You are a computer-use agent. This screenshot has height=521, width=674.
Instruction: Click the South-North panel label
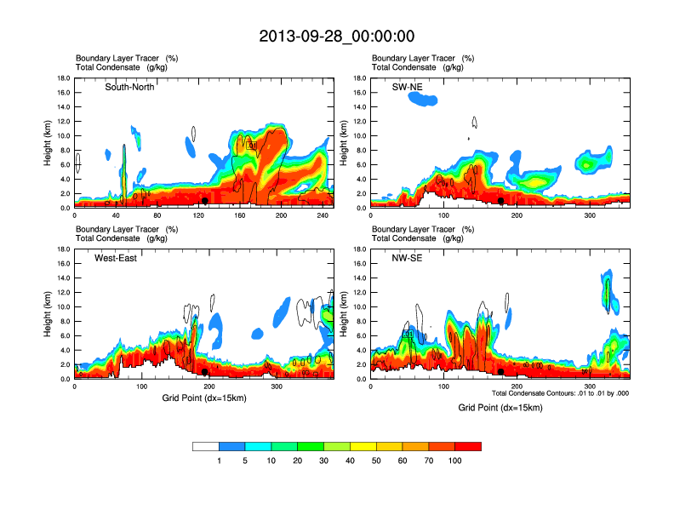tap(129, 87)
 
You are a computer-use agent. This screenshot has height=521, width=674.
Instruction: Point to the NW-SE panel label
tap(408, 258)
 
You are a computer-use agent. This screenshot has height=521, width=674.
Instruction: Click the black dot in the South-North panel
tap(205, 201)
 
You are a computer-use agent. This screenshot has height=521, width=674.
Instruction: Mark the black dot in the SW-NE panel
tap(501, 201)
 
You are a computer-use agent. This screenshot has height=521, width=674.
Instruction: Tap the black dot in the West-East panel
tap(205, 372)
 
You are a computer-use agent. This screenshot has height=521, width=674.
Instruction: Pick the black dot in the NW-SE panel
tap(501, 372)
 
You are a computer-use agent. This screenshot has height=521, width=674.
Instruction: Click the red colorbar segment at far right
tap(468, 446)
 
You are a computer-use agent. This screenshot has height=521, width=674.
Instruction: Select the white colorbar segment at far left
tap(206, 446)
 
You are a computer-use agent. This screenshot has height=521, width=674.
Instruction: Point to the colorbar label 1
tap(220, 461)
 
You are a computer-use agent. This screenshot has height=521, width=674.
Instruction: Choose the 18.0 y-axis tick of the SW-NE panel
tap(360, 78)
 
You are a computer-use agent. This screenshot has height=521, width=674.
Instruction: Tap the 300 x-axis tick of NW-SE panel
tap(590, 386)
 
